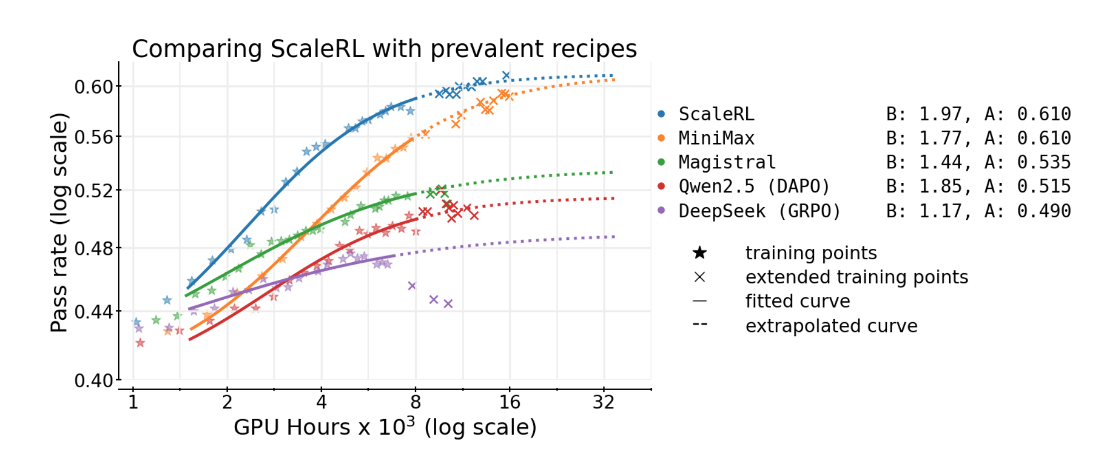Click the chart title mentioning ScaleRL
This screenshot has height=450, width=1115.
click(384, 49)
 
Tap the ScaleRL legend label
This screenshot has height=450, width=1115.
click(716, 114)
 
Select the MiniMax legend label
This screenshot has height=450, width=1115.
click(716, 138)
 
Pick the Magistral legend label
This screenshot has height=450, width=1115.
click(727, 162)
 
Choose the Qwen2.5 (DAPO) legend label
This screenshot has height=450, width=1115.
click(754, 186)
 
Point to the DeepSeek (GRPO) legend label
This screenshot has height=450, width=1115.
click(760, 211)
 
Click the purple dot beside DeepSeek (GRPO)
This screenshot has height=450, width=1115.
click(661, 211)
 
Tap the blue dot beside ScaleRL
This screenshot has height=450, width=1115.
click(661, 114)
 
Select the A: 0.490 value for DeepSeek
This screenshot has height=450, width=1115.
click(1028, 211)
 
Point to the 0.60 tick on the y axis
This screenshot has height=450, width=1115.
click(94, 87)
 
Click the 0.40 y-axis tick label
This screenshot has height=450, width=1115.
click(94, 381)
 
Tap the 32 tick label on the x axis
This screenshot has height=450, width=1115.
click(603, 402)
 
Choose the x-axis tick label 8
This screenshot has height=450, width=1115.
click(416, 402)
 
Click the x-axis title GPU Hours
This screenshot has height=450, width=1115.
click(385, 427)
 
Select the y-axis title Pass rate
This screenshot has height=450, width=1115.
click(59, 222)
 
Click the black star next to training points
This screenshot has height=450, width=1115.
click(700, 253)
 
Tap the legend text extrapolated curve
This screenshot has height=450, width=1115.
click(831, 326)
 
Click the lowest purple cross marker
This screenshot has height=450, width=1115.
click(448, 304)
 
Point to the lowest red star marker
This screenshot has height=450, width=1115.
click(140, 343)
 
